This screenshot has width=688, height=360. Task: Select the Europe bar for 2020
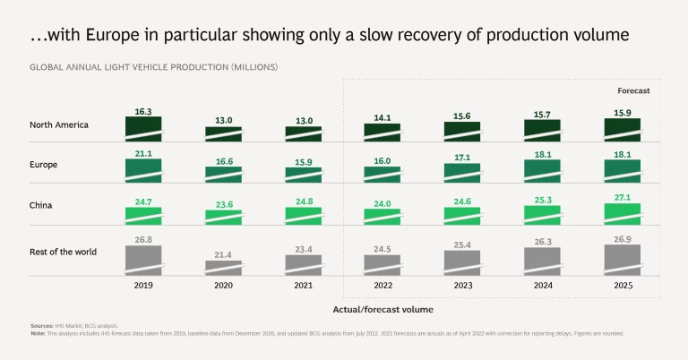point(223,174)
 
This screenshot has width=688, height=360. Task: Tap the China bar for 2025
point(623,213)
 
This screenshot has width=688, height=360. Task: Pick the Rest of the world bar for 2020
point(223,267)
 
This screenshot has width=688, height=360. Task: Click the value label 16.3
point(143,111)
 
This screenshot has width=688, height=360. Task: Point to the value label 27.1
point(623,196)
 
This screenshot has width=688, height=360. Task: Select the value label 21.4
point(223,255)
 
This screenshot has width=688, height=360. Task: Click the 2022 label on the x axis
point(383,285)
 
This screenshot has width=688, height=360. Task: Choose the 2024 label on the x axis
point(543,285)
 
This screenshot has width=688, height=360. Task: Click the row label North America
point(59,124)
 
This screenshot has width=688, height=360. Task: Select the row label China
point(41,205)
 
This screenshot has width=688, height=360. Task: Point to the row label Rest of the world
point(63,252)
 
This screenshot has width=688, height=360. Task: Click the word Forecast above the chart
point(633,91)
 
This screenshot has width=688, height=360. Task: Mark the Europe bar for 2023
point(462,172)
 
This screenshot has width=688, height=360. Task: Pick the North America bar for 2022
point(383,131)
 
